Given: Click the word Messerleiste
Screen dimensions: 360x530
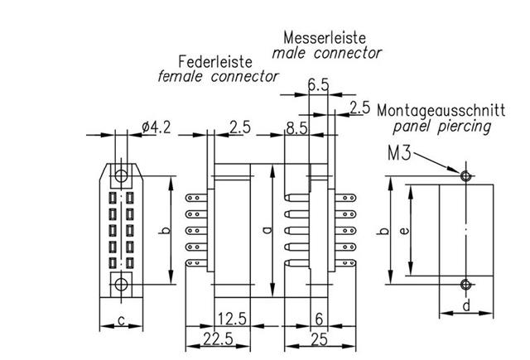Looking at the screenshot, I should [x=324, y=36].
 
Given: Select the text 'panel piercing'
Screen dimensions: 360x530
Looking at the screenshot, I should [x=441, y=127].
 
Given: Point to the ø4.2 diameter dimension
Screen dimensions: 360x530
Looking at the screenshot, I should [x=156, y=126].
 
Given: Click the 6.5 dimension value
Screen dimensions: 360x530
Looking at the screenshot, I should [x=319, y=84].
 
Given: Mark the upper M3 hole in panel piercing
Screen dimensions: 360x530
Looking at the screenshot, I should [x=466, y=176].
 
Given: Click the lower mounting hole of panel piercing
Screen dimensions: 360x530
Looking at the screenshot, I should [x=466, y=284].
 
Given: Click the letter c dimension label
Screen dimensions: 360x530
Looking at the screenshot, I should [x=121, y=320].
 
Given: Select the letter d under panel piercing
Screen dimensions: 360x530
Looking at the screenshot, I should [x=466, y=305].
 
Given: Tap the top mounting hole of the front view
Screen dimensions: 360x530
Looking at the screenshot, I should [x=121, y=176].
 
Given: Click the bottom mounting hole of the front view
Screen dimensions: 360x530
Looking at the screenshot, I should [x=121, y=284].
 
